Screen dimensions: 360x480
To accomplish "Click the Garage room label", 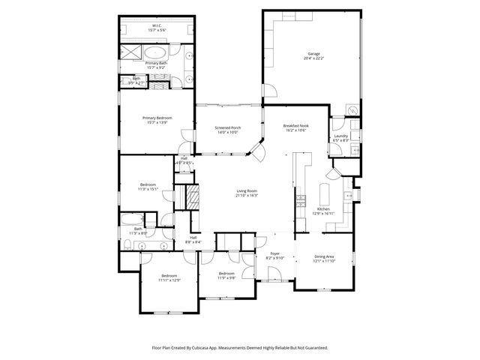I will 313,54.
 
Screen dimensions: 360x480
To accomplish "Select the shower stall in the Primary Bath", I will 130,52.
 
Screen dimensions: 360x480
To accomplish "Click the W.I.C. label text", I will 157,25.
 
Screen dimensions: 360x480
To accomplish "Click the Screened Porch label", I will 228,127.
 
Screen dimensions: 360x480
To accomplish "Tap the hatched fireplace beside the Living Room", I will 193,199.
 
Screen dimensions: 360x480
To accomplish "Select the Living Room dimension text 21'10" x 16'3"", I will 247,196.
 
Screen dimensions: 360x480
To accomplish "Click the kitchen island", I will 326,191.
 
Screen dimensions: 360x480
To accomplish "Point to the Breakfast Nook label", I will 296,125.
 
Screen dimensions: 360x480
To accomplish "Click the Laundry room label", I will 341,136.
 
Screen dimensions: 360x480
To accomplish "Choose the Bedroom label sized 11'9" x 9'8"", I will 226,274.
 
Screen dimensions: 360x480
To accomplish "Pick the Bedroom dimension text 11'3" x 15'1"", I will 148,189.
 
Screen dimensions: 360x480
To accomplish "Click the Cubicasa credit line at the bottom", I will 240,347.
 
